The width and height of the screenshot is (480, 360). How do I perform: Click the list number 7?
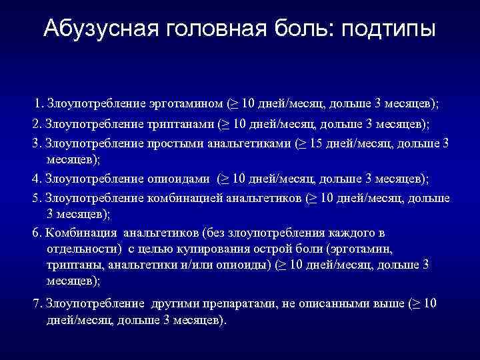[37, 303]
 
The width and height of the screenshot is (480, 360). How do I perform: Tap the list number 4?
[37, 179]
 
